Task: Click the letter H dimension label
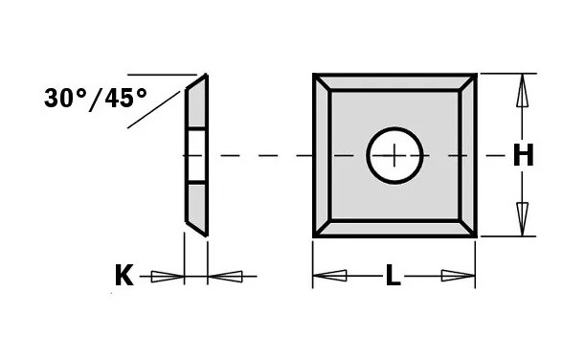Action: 523,155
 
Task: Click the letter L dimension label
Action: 394,276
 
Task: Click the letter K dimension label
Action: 124,275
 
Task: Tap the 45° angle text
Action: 125,98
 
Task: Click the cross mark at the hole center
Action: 394,155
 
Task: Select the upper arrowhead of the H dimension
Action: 523,90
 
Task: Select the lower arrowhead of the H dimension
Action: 523,219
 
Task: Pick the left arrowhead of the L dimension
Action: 329,276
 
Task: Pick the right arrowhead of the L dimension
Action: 459,276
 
